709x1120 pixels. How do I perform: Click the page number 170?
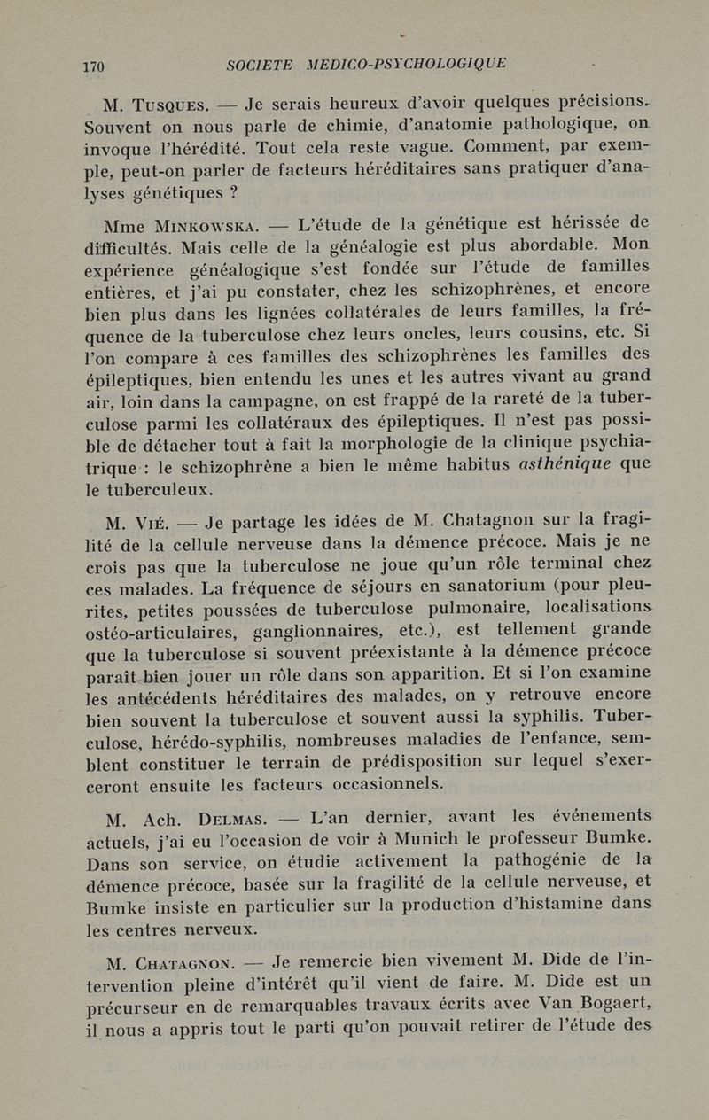93,66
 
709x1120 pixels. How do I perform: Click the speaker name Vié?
160,523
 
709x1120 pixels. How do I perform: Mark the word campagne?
256,399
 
